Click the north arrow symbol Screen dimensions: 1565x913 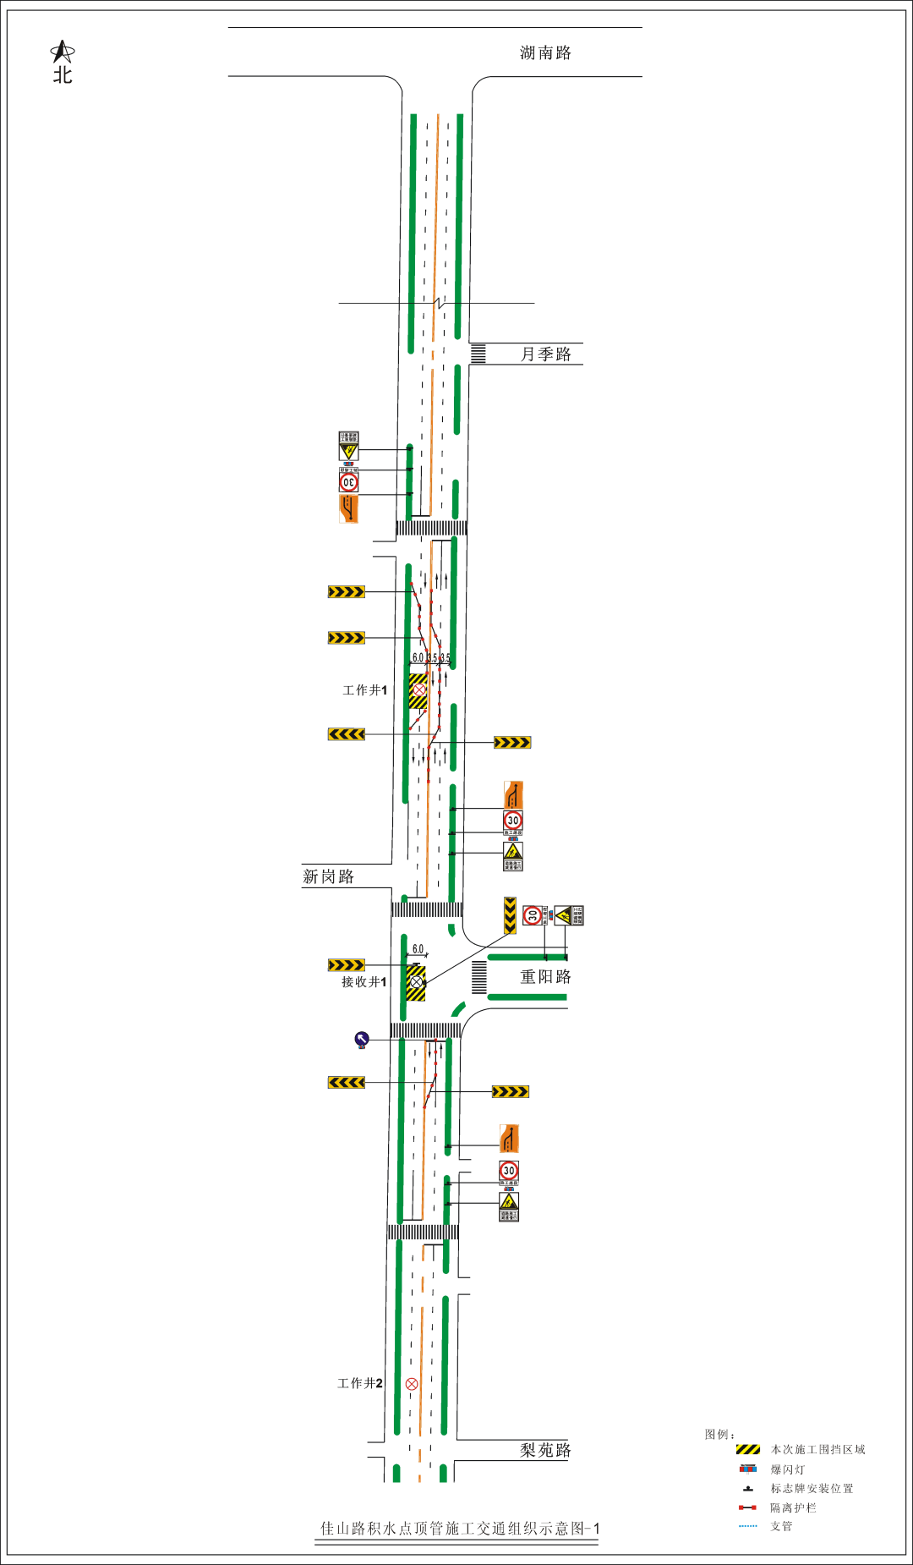[x=62, y=53]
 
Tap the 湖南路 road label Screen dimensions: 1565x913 [x=545, y=53]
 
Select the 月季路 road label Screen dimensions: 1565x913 [x=545, y=354]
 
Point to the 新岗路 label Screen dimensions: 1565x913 [x=328, y=877]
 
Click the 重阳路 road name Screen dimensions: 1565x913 [x=545, y=977]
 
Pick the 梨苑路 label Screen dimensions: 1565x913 [x=545, y=1451]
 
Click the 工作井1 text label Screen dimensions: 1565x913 [x=364, y=690]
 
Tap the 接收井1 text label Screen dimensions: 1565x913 [x=364, y=982]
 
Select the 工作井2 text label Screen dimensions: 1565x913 [x=359, y=1383]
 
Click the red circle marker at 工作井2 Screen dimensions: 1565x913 [x=412, y=1384]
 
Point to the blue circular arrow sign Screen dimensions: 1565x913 [x=362, y=1039]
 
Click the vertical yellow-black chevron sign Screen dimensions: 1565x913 [x=510, y=915]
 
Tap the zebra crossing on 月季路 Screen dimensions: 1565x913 [x=478, y=354]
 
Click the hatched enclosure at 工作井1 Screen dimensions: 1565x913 [x=418, y=691]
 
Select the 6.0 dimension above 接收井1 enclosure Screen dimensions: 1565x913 [x=418, y=949]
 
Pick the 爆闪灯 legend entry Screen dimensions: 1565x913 [x=787, y=1470]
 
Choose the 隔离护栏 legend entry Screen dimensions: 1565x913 [x=792, y=1507]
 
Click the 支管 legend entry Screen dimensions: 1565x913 [x=781, y=1526]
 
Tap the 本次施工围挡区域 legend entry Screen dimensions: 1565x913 [x=817, y=1450]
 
